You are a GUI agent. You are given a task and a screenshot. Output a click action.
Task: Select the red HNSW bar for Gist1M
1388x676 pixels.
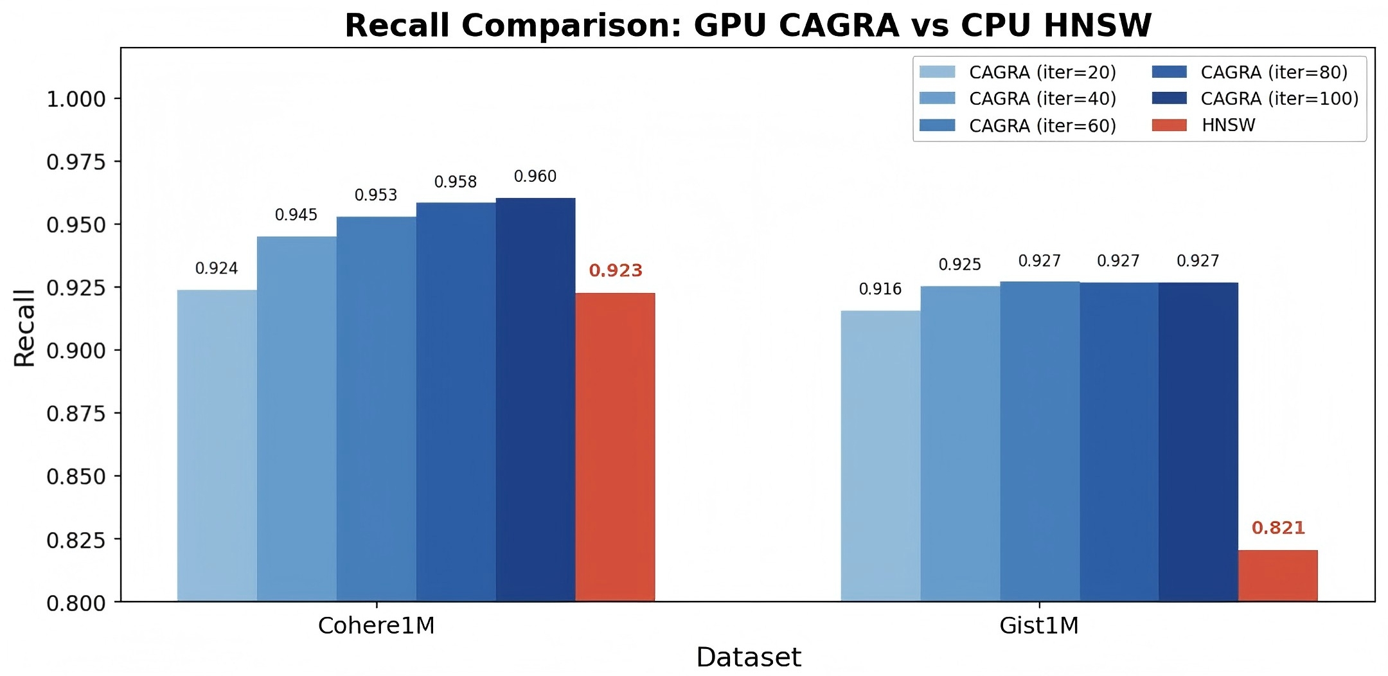(x=1277, y=576)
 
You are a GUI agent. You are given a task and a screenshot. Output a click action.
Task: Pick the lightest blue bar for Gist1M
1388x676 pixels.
(x=880, y=456)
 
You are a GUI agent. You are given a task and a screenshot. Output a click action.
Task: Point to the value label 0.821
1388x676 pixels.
(x=1278, y=528)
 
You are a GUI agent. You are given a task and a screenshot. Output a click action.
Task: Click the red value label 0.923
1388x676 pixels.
(x=616, y=271)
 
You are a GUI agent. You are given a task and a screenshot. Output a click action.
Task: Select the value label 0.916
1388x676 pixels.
(x=880, y=289)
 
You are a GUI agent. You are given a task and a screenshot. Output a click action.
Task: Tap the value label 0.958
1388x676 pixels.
(x=456, y=182)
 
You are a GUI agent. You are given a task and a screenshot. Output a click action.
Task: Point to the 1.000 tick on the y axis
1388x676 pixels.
(x=76, y=100)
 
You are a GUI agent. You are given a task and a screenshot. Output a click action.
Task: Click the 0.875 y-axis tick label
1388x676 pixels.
(x=76, y=414)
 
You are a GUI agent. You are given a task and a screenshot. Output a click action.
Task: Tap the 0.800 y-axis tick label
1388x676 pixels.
(x=76, y=603)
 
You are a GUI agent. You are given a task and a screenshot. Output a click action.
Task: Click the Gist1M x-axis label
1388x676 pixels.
(x=1039, y=626)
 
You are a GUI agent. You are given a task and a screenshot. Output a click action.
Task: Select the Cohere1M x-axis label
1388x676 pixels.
(x=376, y=626)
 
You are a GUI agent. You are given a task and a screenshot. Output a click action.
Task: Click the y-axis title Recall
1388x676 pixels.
(x=24, y=328)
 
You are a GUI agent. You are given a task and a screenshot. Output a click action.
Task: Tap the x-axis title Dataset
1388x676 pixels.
(x=749, y=657)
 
